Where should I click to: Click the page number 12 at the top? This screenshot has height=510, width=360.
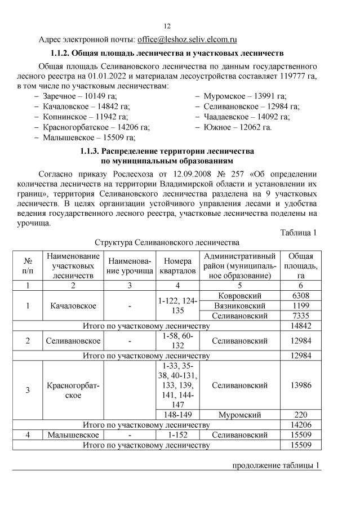[167, 26]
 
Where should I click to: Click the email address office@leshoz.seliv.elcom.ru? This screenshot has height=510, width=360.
[187, 40]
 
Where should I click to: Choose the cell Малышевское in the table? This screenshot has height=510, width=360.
[74, 436]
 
